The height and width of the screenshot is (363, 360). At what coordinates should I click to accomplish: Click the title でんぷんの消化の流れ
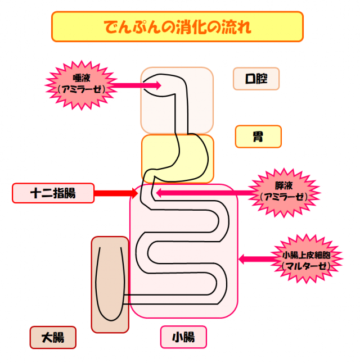point(177,26)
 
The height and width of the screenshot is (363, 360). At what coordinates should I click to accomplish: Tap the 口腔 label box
point(256,79)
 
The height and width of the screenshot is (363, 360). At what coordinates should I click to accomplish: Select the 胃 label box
point(258,137)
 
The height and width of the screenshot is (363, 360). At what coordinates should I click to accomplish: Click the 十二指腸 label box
point(52,193)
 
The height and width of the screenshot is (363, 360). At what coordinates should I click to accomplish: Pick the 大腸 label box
point(52,338)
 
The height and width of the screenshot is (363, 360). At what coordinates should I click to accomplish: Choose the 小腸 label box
point(183,337)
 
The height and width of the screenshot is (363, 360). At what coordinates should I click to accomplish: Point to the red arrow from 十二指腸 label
point(115,194)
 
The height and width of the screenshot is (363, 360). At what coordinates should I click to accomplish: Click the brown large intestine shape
point(110,284)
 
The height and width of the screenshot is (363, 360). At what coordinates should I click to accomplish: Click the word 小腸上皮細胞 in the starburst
point(306,255)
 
